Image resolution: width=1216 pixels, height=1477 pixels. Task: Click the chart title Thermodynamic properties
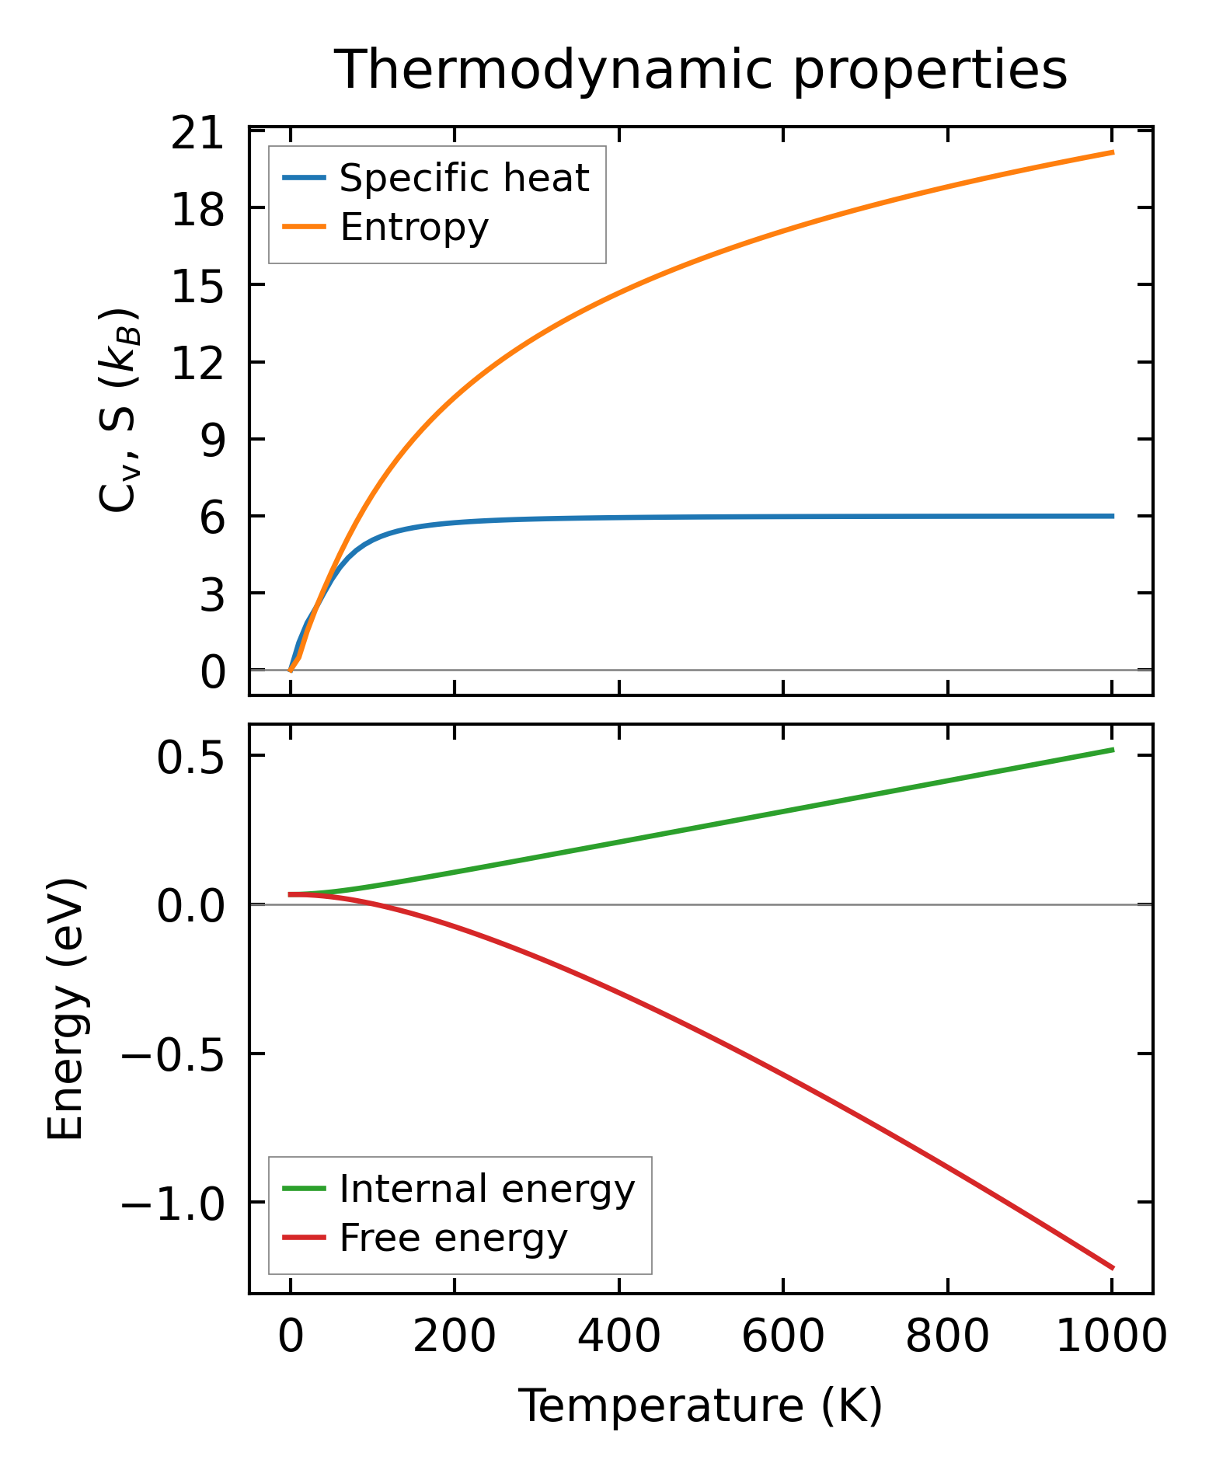pyautogui.click(x=700, y=71)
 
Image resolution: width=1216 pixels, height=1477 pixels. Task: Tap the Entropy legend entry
pyautogui.click(x=414, y=228)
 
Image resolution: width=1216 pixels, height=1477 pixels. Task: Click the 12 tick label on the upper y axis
pyautogui.click(x=196, y=363)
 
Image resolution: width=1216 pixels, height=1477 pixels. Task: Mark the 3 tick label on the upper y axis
pyautogui.click(x=211, y=594)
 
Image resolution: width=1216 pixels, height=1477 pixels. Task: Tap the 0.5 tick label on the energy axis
pyautogui.click(x=190, y=757)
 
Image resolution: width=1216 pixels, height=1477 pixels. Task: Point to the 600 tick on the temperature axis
pyautogui.click(x=782, y=1338)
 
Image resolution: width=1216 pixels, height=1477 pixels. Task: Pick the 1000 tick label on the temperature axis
pyautogui.click(x=1112, y=1338)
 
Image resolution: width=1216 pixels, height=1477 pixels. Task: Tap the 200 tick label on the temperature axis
pyautogui.click(x=454, y=1338)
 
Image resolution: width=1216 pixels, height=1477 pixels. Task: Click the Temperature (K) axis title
pyautogui.click(x=700, y=1406)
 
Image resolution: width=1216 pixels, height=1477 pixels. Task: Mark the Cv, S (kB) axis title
pyautogui.click(x=118, y=410)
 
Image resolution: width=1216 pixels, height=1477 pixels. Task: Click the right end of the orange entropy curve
pyautogui.click(x=1113, y=152)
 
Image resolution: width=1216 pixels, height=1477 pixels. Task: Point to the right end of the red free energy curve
pyautogui.click(x=1113, y=1268)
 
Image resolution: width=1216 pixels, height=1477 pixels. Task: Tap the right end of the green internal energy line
pyautogui.click(x=1113, y=749)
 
